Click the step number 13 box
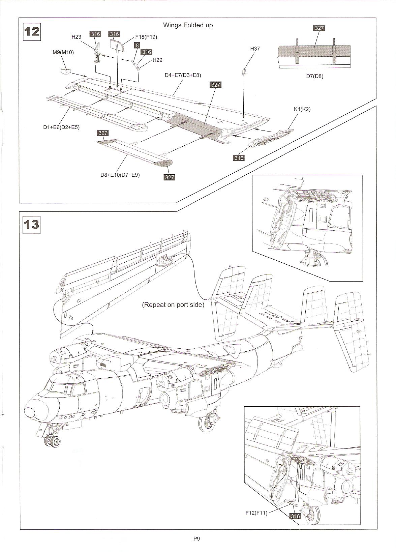pos(31,224)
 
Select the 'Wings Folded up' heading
pos(188,25)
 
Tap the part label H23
pos(77,37)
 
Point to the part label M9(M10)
pos(63,52)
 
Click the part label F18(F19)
pos(146,37)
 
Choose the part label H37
pos(255,49)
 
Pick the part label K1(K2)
pos(302,109)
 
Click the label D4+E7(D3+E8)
pos(183,75)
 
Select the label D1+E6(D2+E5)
pos(61,127)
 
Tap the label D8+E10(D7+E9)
pos(120,175)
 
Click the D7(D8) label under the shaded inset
pos(314,76)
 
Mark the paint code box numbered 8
pos(137,45)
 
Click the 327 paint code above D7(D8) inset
pos(319,28)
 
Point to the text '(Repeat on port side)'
pos(173,304)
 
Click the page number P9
pos(197,539)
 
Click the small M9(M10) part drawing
pos(65,71)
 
